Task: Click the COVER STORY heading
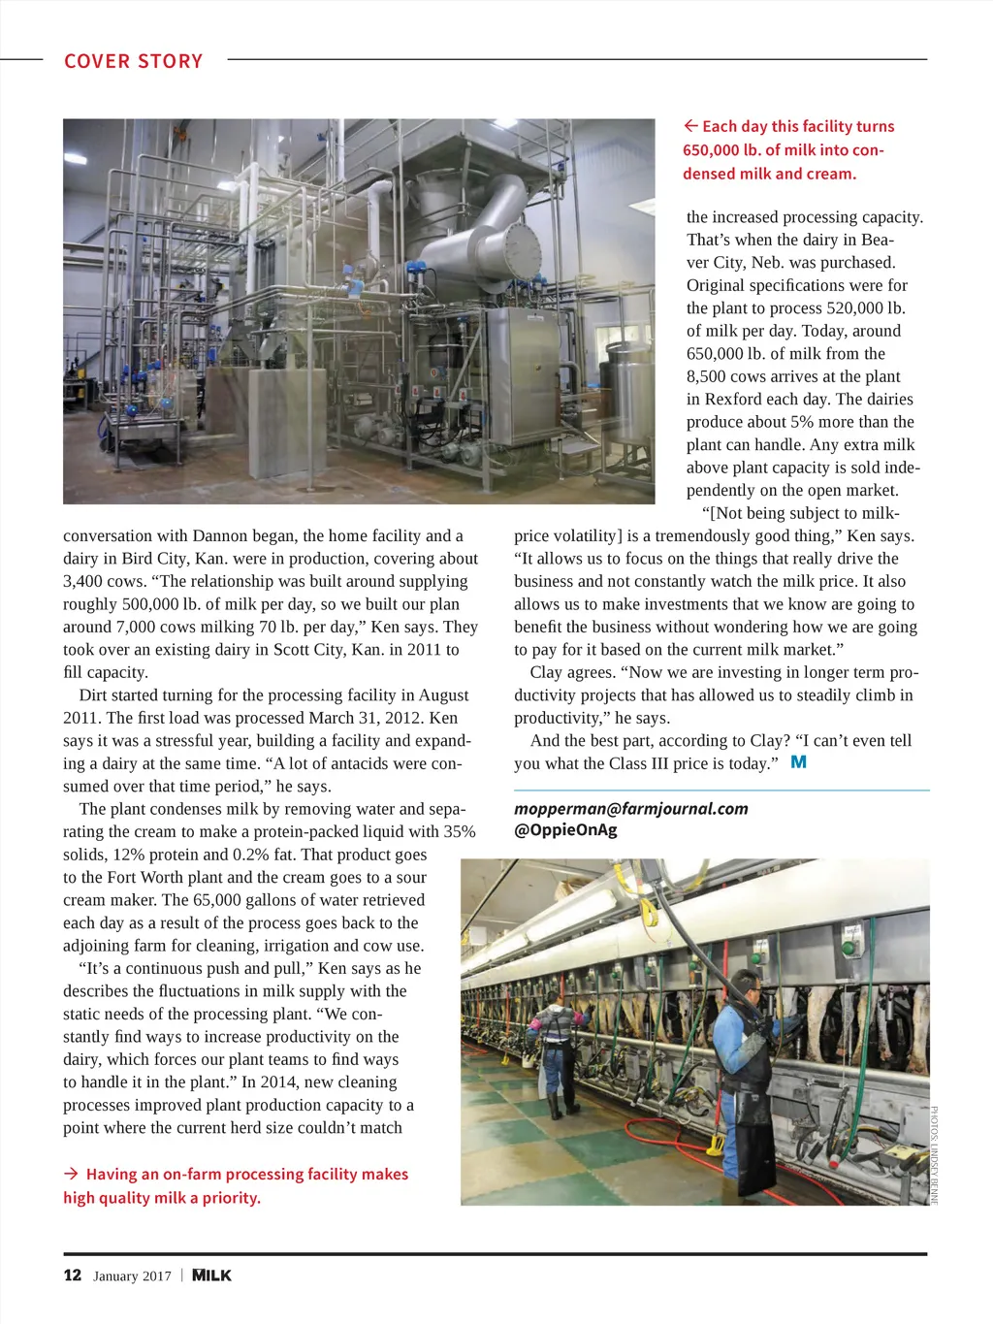coord(134,61)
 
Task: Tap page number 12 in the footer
coord(73,1276)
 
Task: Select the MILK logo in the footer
coord(211,1276)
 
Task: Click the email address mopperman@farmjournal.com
coord(631,808)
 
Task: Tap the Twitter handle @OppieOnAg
coord(565,830)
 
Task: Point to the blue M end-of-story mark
coord(798,762)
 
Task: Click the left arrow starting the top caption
coord(690,126)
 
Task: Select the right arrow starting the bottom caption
coord(71,1174)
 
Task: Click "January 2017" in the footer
coord(132,1276)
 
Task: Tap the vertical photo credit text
coord(934,1154)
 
